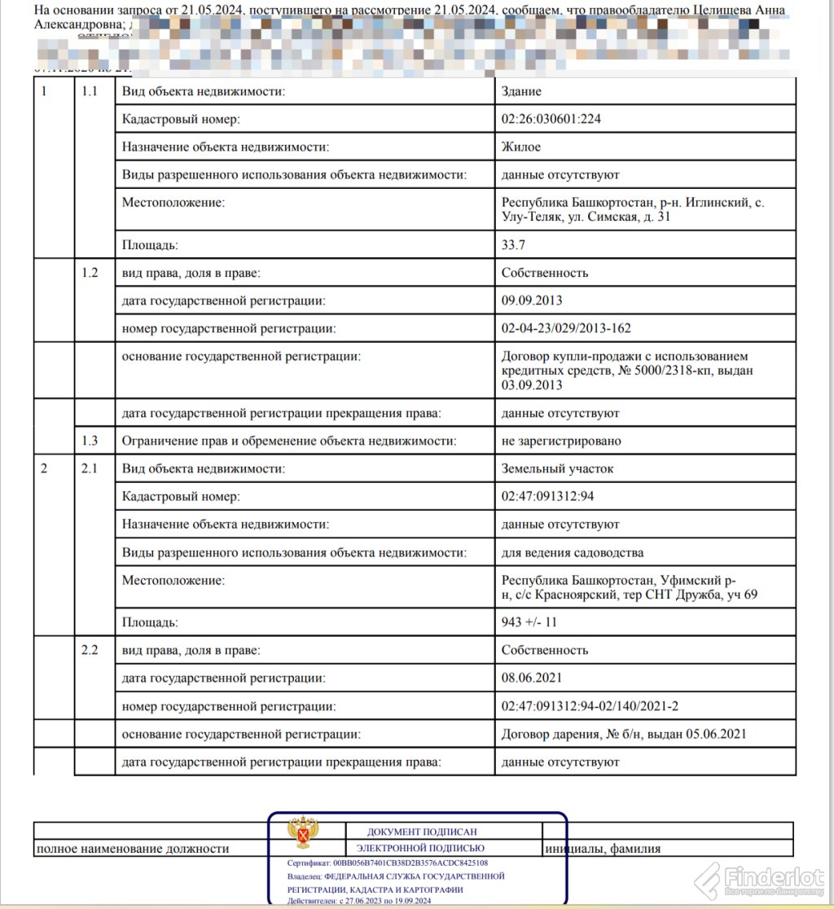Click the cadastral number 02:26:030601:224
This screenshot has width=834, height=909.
[552, 119]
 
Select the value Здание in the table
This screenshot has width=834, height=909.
[521, 91]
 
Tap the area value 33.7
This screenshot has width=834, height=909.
[515, 244]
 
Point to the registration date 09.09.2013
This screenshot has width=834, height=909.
[532, 301]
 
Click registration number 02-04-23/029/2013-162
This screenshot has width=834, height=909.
[566, 328]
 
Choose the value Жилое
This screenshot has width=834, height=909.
[521, 147]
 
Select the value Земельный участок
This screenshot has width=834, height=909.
[558, 468]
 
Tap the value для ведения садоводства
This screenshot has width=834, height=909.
[573, 552]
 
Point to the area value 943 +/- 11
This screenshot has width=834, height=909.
[529, 622]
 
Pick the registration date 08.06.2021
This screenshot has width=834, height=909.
[532, 678]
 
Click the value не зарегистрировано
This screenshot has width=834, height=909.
[561, 441]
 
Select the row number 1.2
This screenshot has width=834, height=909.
[90, 273]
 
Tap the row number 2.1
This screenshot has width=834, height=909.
[90, 468]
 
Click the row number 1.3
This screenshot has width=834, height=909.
[90, 441]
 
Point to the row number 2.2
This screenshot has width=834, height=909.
[90, 650]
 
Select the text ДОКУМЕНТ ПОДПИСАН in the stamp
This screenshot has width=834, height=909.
[422, 832]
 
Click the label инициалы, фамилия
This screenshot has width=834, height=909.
[603, 849]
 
